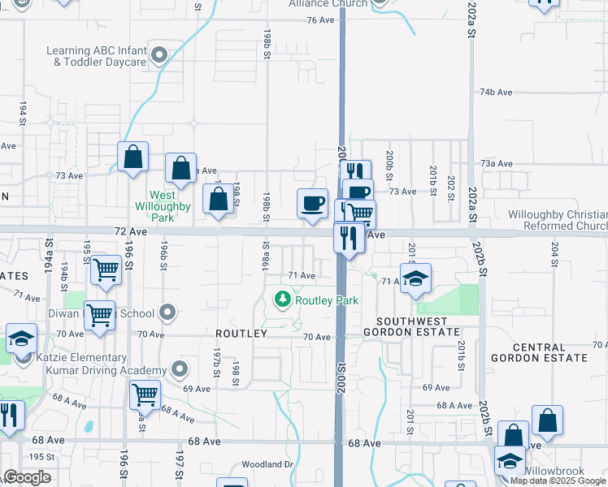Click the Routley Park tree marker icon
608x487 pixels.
283,300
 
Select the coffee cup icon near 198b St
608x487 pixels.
312,202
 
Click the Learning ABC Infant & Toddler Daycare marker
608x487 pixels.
160,56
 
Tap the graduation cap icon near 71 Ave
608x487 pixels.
415,278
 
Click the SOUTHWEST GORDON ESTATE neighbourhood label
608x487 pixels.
410,325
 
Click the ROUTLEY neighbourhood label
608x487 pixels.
241,334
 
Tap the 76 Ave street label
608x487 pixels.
321,19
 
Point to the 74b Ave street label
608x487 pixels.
496,93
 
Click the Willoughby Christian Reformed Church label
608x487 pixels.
557,220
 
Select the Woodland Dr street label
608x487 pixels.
267,465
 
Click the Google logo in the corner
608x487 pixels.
27,477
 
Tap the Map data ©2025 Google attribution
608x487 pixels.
558,481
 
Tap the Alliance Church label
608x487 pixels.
328,3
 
